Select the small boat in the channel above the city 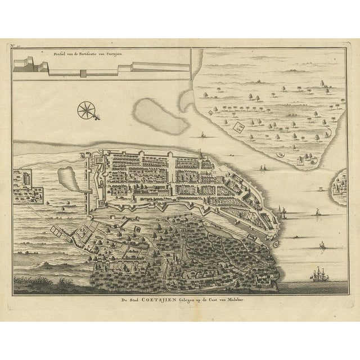[201, 136]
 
